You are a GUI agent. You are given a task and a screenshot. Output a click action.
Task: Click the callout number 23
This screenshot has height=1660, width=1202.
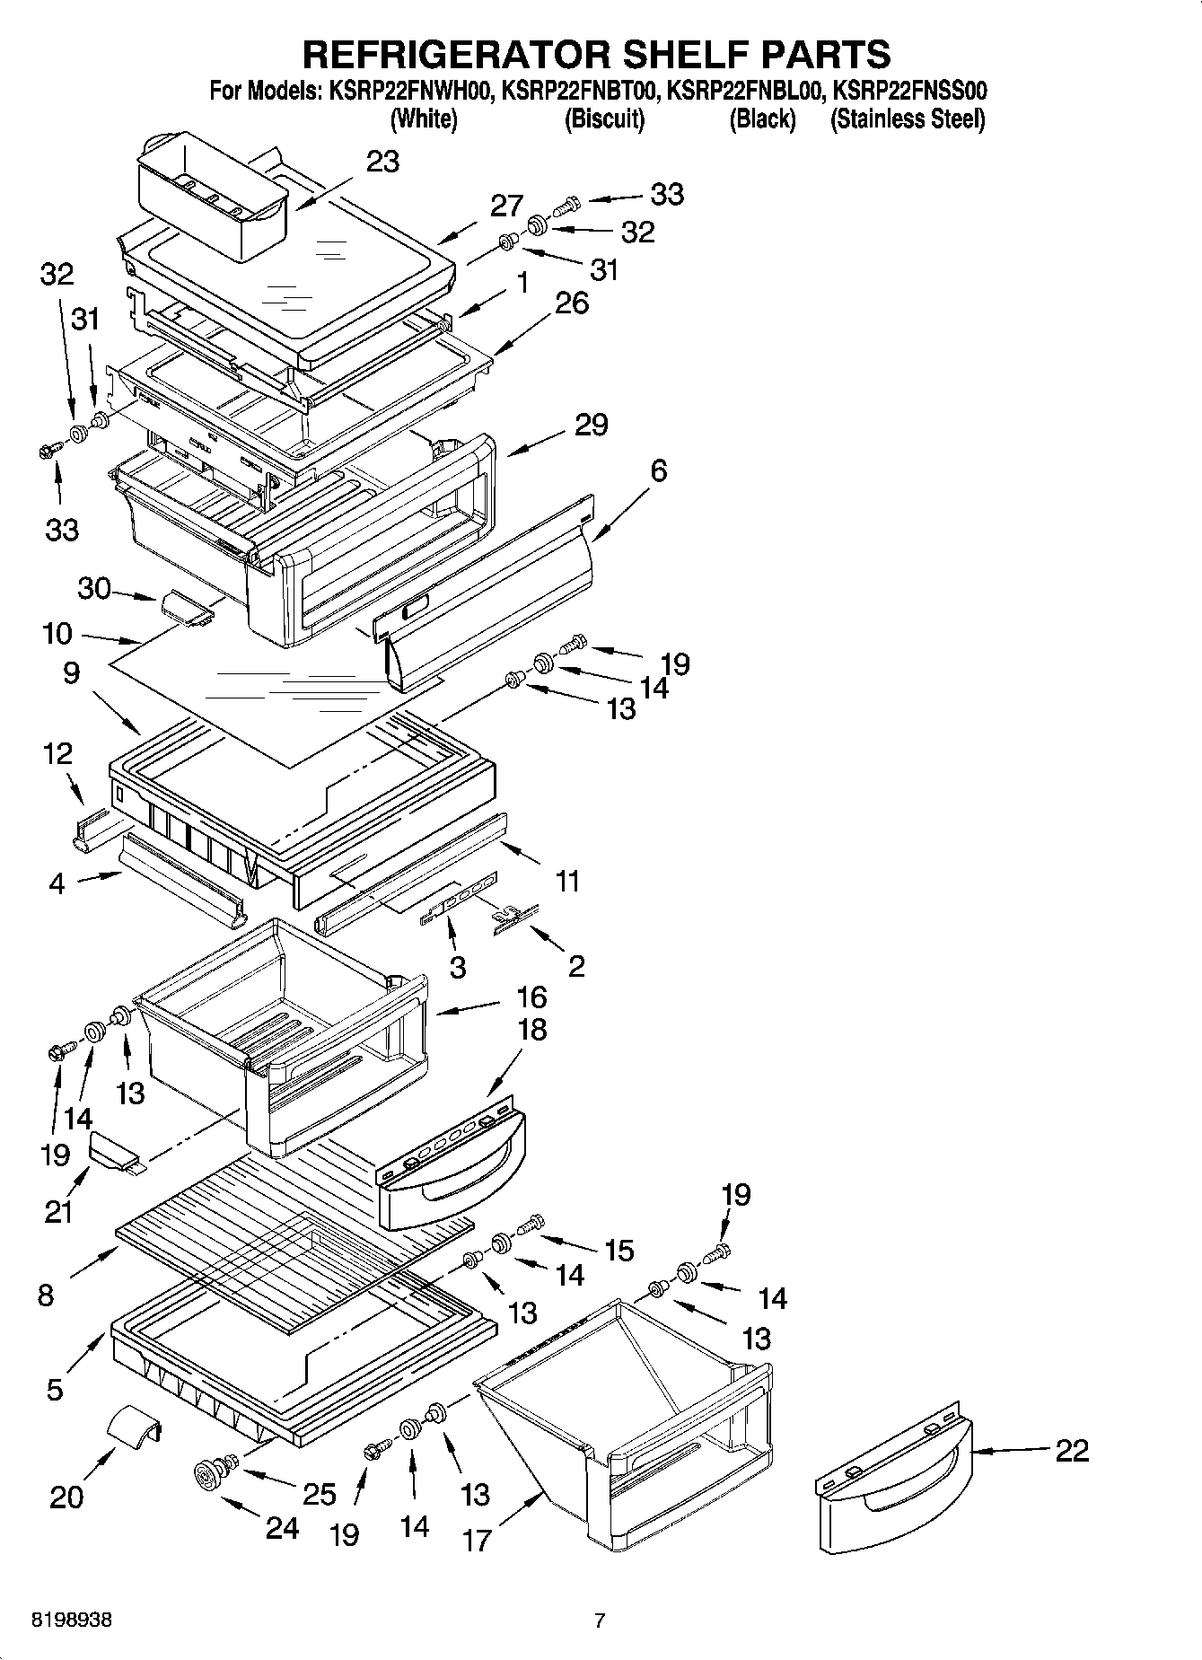coord(382,162)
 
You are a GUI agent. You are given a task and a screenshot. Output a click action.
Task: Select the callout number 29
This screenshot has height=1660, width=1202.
coord(591,425)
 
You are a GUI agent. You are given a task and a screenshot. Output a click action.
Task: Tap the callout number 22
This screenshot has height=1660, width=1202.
coord(1071,1450)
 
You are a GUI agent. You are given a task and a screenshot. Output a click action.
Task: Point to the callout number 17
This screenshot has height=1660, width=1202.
coord(477,1540)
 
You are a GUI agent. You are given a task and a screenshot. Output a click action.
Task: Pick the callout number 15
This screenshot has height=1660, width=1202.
coord(619,1250)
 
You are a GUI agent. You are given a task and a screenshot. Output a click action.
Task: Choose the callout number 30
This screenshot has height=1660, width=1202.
coord(94,589)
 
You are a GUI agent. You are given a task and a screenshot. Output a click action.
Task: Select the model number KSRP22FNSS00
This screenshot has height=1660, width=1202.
coord(909,91)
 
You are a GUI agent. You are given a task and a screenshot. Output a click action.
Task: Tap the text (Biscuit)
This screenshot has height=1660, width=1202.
coord(604,119)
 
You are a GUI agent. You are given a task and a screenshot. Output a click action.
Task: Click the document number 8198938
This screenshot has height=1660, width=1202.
coord(72,1620)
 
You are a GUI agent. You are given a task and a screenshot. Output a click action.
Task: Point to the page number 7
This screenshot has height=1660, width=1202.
coord(600,1620)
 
